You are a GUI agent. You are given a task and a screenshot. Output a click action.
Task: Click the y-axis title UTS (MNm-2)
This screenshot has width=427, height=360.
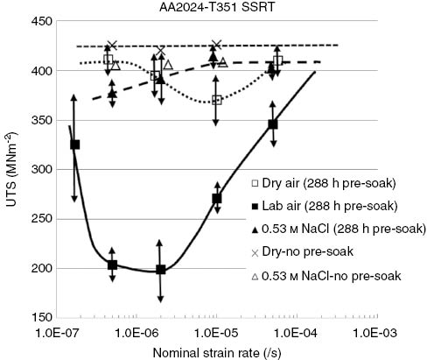pyautogui.click(x=11, y=170)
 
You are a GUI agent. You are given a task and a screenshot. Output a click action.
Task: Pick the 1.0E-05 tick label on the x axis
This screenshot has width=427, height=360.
pyautogui.click(x=216, y=332)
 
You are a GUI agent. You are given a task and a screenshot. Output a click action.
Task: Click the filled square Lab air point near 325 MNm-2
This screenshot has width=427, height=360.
pyautogui.click(x=74, y=145)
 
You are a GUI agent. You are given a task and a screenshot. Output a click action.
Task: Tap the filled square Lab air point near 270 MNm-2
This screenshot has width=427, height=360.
pyautogui.click(x=217, y=199)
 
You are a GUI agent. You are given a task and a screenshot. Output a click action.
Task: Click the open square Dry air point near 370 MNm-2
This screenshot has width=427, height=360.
pyautogui.click(x=217, y=100)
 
